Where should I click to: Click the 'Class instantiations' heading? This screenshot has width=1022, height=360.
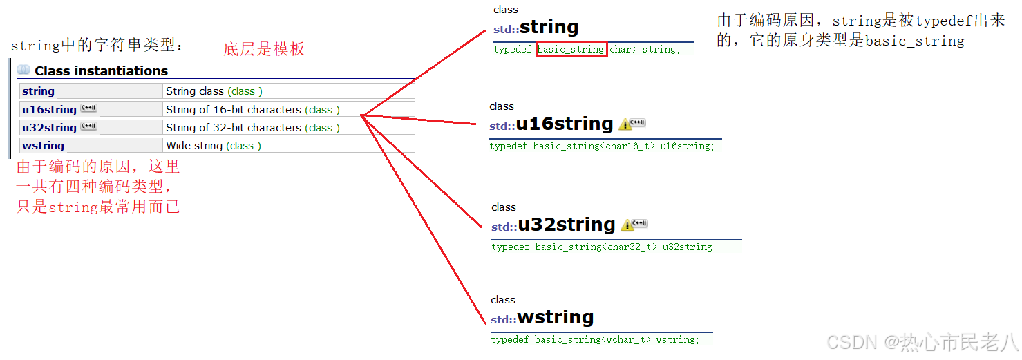[x=101, y=70]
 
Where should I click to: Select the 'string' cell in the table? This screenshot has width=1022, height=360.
[x=38, y=91]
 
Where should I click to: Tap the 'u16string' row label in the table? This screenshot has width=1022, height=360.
[x=49, y=110]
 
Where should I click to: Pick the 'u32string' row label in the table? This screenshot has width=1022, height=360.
[x=49, y=128]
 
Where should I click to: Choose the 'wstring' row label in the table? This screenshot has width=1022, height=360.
[x=43, y=146]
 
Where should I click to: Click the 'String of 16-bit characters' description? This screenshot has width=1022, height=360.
[x=234, y=110]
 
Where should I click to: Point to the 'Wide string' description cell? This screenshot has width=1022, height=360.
[x=194, y=146]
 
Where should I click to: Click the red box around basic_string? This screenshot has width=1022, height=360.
[x=571, y=50]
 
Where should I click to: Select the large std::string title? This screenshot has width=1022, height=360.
[x=536, y=28]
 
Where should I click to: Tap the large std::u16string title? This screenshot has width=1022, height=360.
[x=551, y=124]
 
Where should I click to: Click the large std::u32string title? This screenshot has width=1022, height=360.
[x=553, y=225]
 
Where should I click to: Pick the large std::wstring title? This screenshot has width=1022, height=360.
[x=542, y=318]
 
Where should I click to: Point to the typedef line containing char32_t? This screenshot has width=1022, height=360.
[x=604, y=247]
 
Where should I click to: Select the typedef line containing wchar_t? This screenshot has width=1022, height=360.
[x=595, y=340]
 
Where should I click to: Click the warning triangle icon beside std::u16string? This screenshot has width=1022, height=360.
[x=625, y=125]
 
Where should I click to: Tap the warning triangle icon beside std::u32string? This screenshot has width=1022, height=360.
[x=627, y=226]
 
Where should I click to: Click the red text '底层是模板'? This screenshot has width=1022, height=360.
[x=264, y=49]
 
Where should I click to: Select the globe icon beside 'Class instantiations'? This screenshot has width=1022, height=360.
[x=23, y=70]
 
